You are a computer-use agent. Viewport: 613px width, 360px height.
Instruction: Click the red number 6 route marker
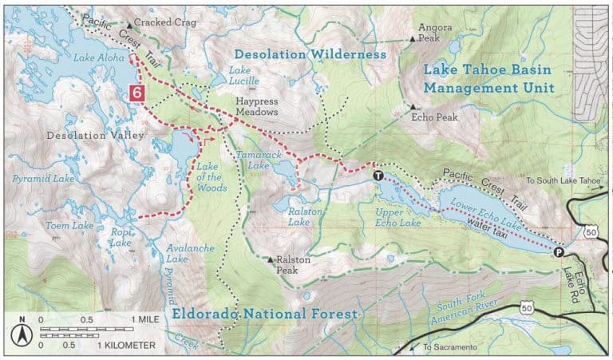click(137, 93)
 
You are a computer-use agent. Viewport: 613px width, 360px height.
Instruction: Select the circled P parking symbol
click(558, 252)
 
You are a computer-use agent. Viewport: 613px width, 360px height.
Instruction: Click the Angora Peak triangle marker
click(413, 38)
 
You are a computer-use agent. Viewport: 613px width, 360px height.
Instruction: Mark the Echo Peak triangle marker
click(413, 107)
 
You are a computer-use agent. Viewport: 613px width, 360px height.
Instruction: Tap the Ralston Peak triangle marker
click(271, 259)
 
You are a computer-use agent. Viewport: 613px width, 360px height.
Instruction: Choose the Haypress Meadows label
click(256, 108)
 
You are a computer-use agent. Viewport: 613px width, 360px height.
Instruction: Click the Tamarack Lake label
click(257, 159)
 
